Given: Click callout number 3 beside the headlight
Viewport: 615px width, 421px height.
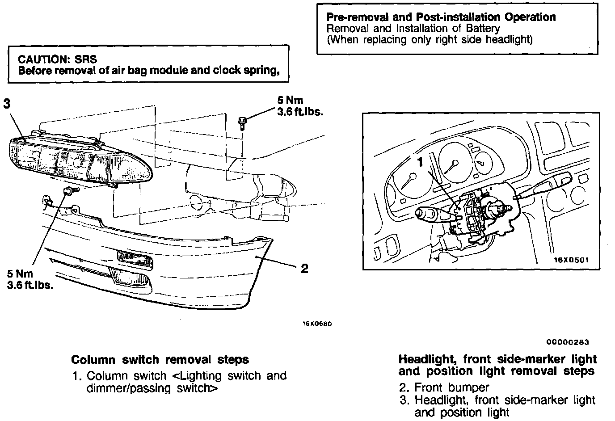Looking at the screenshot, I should (x=6, y=104).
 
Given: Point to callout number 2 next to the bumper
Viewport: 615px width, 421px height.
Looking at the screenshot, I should (x=304, y=268).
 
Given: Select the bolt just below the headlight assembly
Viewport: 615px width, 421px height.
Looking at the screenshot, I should (x=70, y=191).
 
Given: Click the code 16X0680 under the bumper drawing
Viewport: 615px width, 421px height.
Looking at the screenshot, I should (x=317, y=324).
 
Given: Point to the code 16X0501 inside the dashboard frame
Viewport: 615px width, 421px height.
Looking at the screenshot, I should (x=571, y=259).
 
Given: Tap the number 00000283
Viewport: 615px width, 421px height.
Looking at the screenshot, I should (x=567, y=342).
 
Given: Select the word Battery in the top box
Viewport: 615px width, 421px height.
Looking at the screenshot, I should (x=483, y=29).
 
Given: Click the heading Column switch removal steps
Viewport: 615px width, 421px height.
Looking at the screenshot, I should (x=160, y=360).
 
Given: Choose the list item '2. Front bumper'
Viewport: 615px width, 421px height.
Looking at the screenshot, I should (x=444, y=387).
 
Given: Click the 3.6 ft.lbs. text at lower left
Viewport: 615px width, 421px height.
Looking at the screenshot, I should (x=30, y=285).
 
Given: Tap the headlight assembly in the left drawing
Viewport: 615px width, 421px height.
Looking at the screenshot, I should (x=80, y=160).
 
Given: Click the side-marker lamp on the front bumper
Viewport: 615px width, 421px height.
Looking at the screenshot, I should (x=135, y=260).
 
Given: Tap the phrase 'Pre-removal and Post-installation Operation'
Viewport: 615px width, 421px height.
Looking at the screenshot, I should (x=441, y=17).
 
